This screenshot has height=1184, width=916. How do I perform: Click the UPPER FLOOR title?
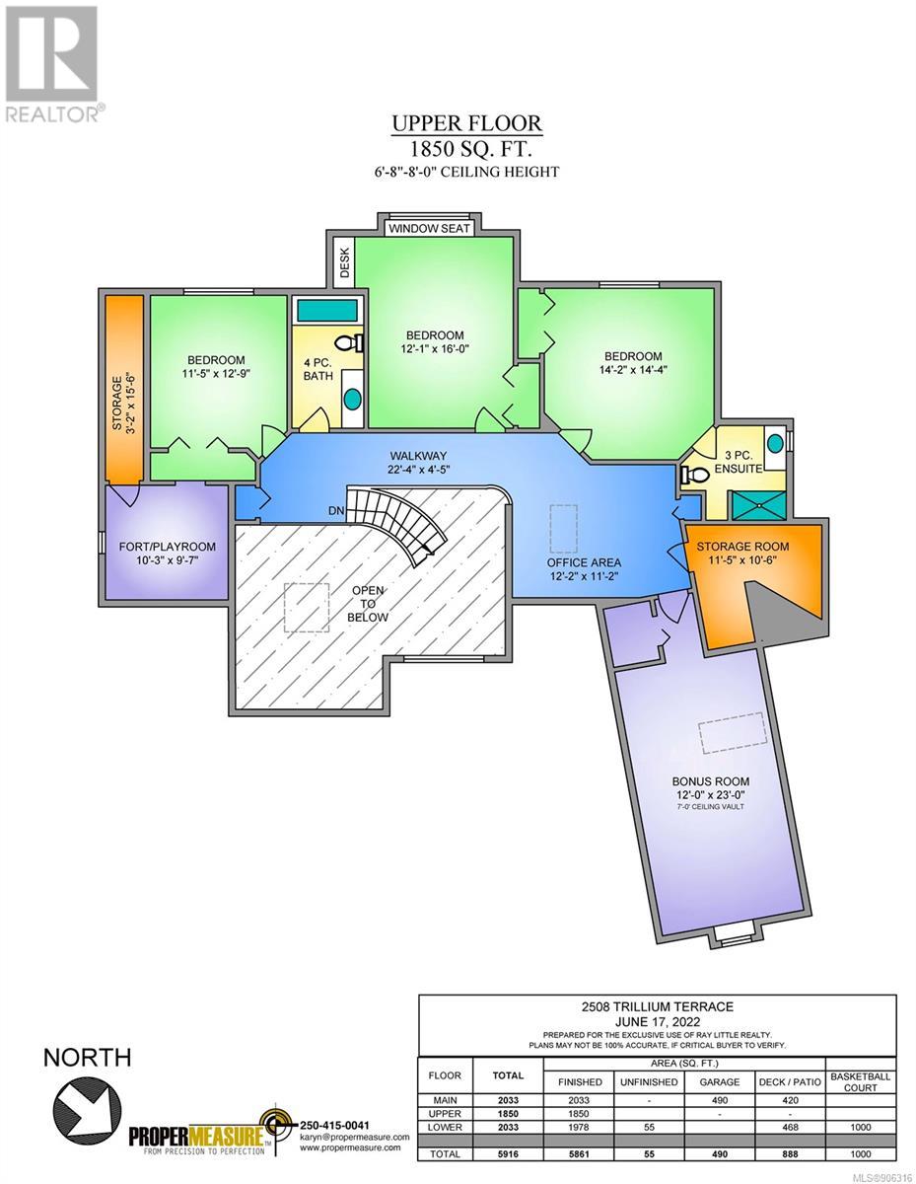tap(467, 123)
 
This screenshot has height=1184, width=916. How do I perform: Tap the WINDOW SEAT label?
tap(429, 228)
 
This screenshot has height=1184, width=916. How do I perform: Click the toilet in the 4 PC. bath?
tap(349, 342)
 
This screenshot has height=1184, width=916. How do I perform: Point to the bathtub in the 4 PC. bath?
tap(326, 311)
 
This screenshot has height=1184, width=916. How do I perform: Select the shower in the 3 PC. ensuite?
tap(758, 505)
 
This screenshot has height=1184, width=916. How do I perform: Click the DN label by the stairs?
tap(336, 510)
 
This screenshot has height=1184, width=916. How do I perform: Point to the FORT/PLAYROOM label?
tap(167, 547)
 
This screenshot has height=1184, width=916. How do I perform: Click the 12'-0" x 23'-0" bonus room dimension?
tap(710, 794)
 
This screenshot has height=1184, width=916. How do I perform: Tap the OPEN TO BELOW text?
tap(368, 604)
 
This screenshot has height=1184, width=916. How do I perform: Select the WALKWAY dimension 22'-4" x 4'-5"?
tap(418, 469)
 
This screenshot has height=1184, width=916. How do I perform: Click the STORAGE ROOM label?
tap(742, 547)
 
